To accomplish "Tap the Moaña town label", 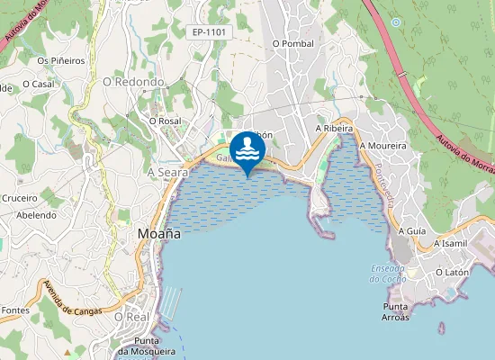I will (x=159, y=233).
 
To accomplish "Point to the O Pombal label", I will (x=292, y=43).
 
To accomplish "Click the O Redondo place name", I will (x=133, y=82).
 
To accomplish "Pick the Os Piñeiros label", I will (x=60, y=60).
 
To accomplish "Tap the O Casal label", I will (x=38, y=84).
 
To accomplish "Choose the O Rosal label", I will (x=166, y=120).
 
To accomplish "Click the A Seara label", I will (x=167, y=171).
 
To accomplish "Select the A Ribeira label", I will (x=333, y=129).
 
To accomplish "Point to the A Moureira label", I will (x=382, y=145).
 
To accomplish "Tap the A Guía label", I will (x=411, y=231).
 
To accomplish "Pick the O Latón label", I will (x=453, y=272).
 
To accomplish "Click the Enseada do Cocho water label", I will (x=388, y=274).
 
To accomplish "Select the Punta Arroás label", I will (x=390, y=311).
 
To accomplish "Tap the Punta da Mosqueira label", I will (x=146, y=346).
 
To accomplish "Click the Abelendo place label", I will (x=37, y=215).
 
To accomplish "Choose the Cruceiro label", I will (x=19, y=198).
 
